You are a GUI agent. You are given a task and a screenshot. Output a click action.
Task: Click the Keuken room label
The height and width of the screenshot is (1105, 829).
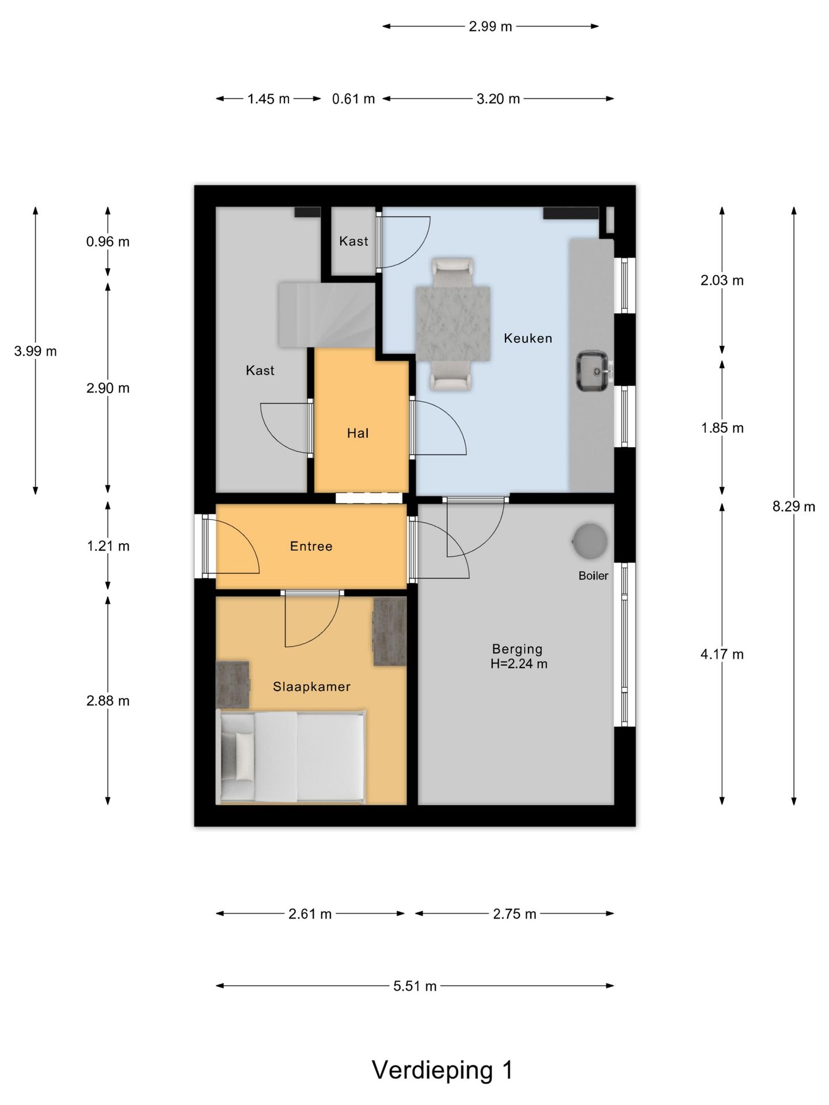click(528, 338)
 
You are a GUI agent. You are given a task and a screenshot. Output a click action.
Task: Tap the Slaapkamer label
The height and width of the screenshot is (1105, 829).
click(311, 687)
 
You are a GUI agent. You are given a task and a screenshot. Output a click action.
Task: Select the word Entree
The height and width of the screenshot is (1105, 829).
click(311, 546)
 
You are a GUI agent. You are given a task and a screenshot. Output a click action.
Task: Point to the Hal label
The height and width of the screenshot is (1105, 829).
click(358, 433)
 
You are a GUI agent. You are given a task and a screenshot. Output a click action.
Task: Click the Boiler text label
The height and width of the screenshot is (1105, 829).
click(593, 576)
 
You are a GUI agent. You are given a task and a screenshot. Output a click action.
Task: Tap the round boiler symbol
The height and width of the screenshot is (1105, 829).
click(590, 541)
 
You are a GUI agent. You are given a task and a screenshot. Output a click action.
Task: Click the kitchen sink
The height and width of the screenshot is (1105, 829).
click(594, 371)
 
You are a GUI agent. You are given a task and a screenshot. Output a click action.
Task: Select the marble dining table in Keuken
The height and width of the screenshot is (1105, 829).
click(452, 324)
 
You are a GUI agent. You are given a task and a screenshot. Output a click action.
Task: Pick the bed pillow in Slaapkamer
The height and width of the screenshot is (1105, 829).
click(244, 757)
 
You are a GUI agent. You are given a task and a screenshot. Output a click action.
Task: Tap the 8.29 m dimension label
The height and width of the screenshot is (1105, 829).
click(794, 506)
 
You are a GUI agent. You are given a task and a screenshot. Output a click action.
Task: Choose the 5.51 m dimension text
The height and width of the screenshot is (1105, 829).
click(414, 986)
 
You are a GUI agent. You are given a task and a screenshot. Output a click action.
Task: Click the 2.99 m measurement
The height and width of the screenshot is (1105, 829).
click(490, 26)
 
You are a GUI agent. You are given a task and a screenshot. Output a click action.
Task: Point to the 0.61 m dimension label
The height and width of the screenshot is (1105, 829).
click(353, 99)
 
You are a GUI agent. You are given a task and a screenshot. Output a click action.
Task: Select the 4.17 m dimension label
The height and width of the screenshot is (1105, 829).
click(722, 654)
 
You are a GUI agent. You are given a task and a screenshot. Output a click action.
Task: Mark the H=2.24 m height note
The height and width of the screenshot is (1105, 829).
click(519, 664)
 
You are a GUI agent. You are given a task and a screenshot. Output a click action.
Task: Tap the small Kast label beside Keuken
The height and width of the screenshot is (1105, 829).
click(353, 241)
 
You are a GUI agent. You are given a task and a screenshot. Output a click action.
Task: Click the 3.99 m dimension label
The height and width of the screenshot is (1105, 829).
click(36, 351)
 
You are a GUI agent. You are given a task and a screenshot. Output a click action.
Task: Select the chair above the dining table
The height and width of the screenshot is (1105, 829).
click(452, 273)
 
